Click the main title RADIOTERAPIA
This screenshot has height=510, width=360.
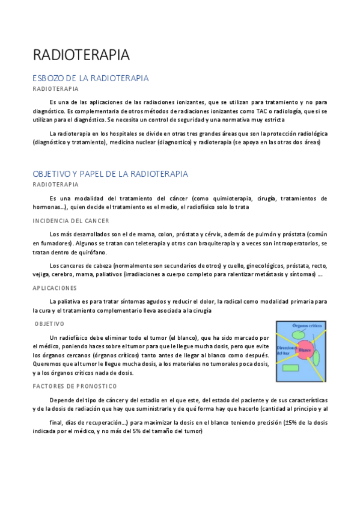click(x=81, y=55)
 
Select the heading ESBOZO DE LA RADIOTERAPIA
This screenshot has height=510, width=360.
click(x=91, y=79)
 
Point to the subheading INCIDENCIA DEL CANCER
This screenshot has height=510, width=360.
click(x=71, y=221)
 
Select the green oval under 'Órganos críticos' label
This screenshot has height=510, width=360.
click(x=297, y=335)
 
